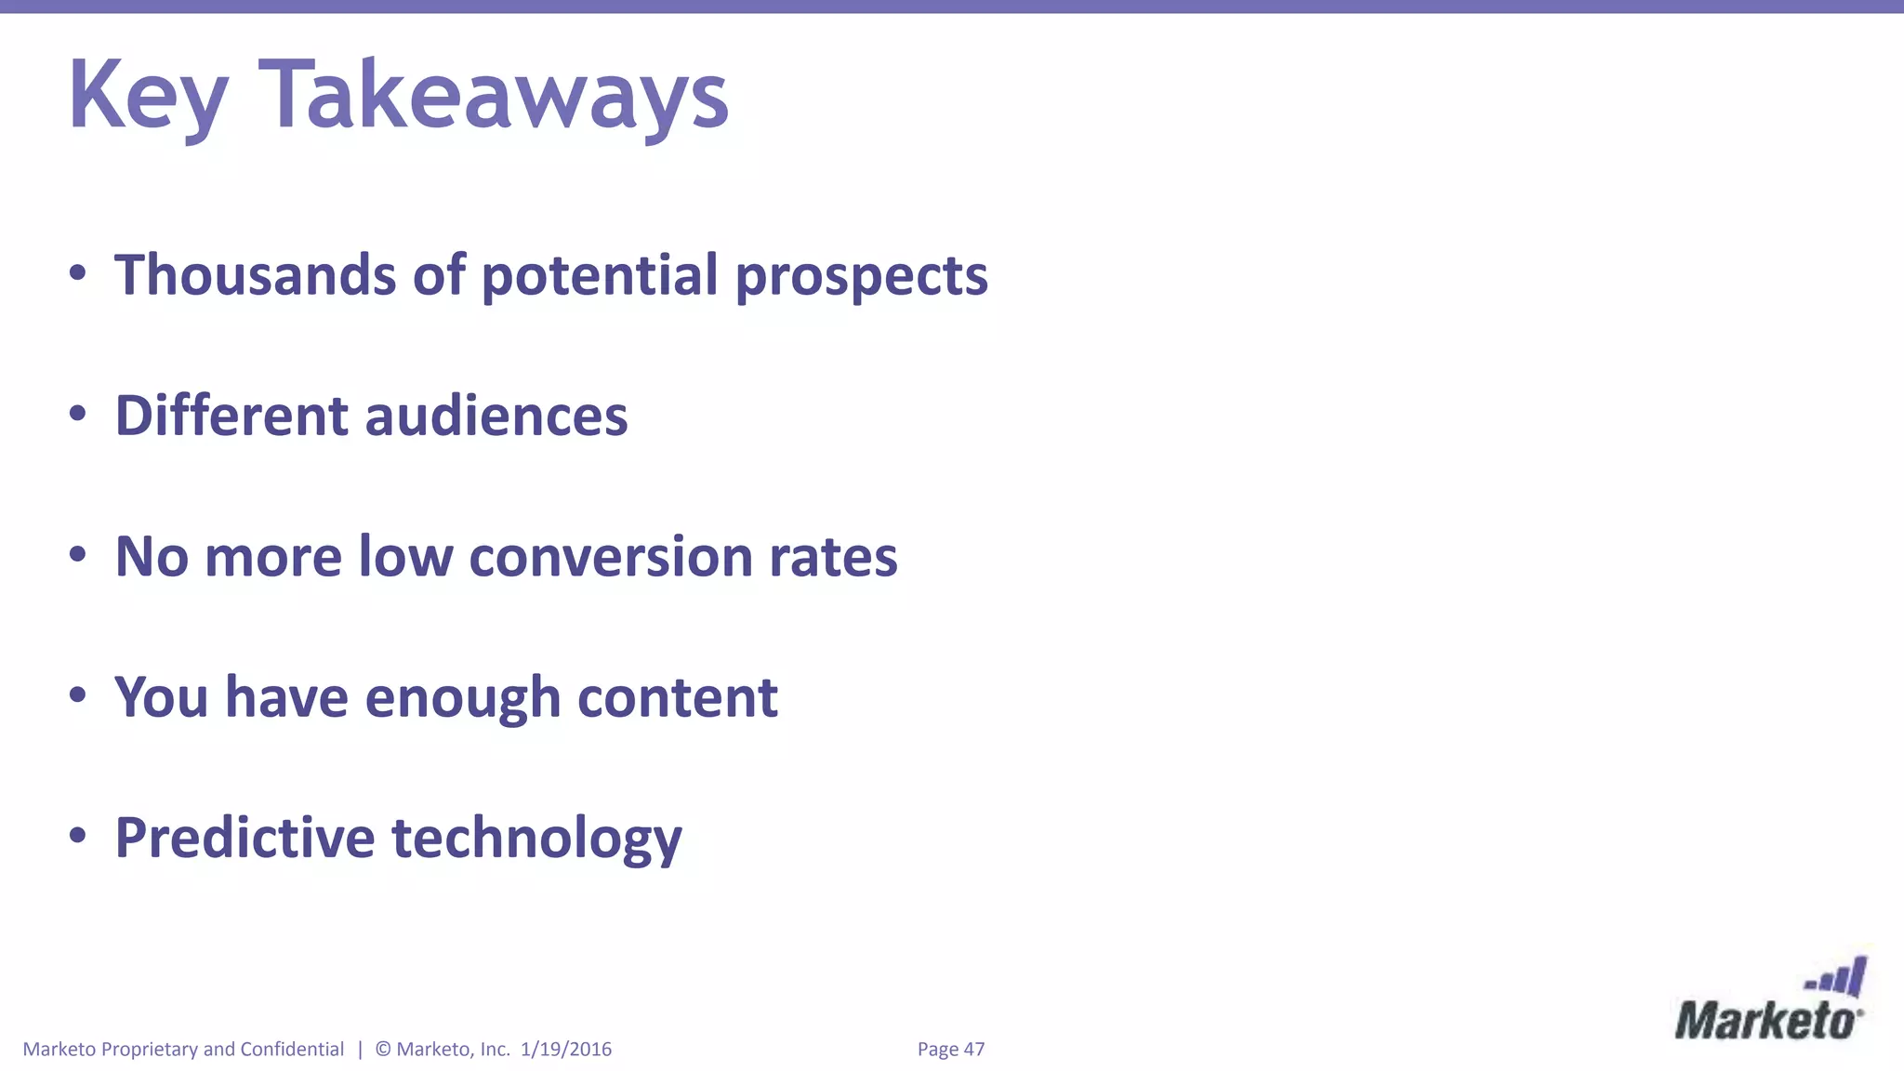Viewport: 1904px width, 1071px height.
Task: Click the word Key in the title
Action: click(148, 97)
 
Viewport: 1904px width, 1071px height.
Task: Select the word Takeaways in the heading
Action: click(494, 97)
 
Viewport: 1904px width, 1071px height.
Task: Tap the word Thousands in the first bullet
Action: click(256, 275)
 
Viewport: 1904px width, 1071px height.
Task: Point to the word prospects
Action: click(861, 277)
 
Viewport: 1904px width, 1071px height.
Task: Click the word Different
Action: click(231, 416)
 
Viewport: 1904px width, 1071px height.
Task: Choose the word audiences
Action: click(496, 416)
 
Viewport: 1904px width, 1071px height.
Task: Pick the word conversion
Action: click(611, 557)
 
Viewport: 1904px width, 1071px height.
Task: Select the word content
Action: click(678, 697)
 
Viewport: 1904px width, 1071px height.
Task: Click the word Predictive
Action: click(245, 838)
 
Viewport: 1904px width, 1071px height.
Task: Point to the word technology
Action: click(537, 840)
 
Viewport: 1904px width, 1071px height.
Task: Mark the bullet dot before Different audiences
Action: click(78, 414)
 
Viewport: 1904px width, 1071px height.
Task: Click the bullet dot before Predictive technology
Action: click(78, 836)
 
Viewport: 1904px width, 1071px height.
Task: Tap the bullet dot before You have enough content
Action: click(78, 695)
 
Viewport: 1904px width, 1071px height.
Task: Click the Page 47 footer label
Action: click(950, 1050)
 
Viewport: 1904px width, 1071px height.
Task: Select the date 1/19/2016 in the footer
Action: click(566, 1050)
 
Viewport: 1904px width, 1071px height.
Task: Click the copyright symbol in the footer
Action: click(383, 1050)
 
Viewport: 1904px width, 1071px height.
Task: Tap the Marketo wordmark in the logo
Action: click(1767, 1022)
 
